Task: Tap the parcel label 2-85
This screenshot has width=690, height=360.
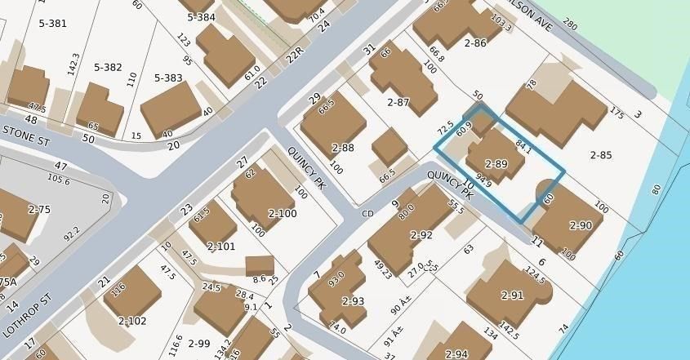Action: [x=601, y=155]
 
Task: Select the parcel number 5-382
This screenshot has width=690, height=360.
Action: [x=108, y=67]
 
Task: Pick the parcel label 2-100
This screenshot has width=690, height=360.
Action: [x=282, y=213]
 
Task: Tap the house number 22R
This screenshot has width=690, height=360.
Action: [x=294, y=53]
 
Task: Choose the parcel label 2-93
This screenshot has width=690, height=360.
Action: [x=353, y=301]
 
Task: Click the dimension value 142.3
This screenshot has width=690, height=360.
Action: [x=74, y=64]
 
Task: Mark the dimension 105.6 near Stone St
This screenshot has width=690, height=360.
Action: [x=59, y=179]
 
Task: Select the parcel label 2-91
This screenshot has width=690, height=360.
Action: [x=512, y=295]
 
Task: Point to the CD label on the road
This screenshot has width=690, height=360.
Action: [x=367, y=214]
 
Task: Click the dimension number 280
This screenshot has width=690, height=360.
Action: [x=569, y=27]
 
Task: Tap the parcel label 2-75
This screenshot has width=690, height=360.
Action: [x=39, y=210]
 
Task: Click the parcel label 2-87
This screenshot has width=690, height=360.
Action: [x=398, y=102]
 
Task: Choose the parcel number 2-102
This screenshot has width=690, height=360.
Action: [x=132, y=321]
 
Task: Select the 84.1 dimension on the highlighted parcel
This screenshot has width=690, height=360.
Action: [x=523, y=149]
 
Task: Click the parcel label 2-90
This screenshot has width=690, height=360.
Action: [x=581, y=224]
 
